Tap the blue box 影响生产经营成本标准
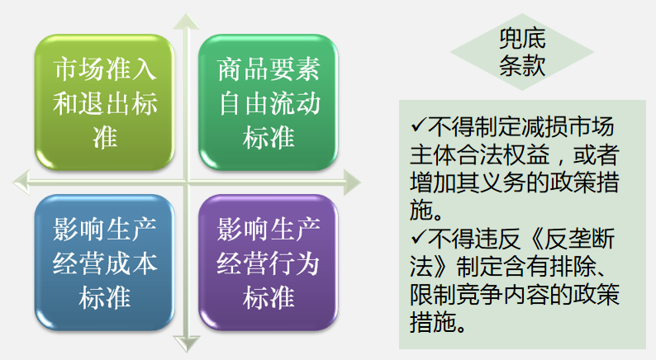104,263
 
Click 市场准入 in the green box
104,68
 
